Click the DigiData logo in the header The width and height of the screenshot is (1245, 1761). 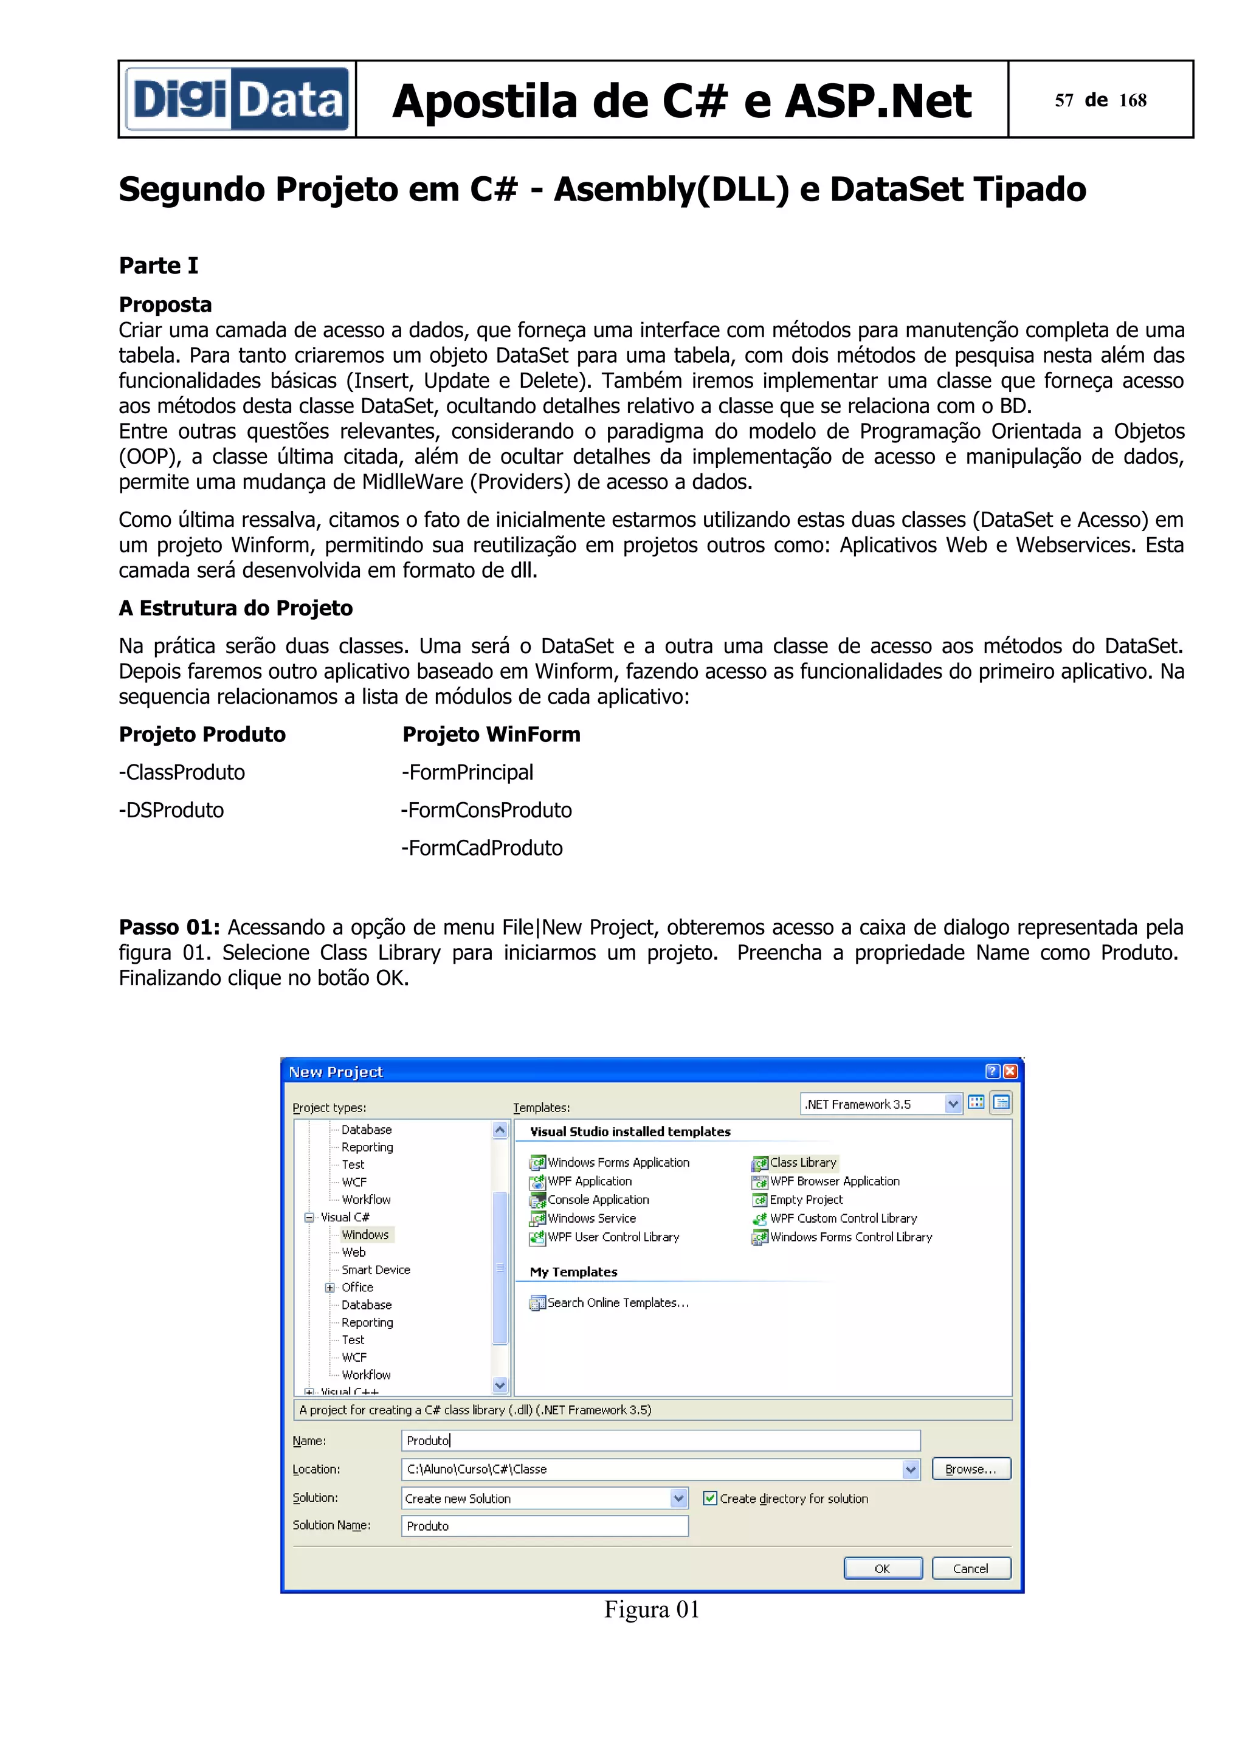(x=237, y=100)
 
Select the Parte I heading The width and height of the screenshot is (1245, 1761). (x=158, y=266)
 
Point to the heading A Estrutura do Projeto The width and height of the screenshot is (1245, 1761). (x=235, y=608)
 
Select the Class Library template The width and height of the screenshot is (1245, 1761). (x=802, y=1162)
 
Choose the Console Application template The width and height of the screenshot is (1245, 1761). (x=598, y=1200)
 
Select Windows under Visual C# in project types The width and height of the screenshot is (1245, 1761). (x=365, y=1235)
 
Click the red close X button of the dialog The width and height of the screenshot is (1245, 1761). (x=1010, y=1071)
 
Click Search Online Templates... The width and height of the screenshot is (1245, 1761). (x=618, y=1302)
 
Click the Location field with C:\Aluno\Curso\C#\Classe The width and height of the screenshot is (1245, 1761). (x=652, y=1469)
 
